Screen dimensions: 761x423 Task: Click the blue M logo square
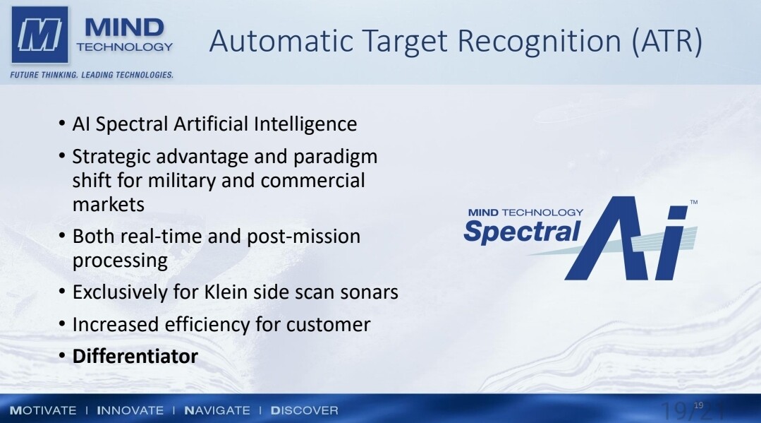tap(39, 35)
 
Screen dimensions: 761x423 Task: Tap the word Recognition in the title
tap(540, 41)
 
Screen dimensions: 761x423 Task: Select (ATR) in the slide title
tap(667, 41)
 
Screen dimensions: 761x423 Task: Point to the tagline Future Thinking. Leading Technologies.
tap(92, 75)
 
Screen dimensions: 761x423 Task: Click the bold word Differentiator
tap(135, 357)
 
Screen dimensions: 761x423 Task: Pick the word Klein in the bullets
tap(228, 292)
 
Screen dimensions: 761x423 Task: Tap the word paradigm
tap(336, 157)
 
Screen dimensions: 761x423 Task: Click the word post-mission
tap(304, 237)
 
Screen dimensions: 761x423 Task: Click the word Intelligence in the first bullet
tap(305, 124)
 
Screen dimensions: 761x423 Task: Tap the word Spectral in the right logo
tap(522, 232)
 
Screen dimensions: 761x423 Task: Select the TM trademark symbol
tap(694, 202)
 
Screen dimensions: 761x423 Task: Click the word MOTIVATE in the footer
tap(43, 410)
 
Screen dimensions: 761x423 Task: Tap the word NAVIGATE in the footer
tap(217, 410)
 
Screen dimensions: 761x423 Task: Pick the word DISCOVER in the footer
tap(304, 410)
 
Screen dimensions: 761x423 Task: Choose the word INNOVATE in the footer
tap(130, 410)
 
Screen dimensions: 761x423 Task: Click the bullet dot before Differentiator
tap(61, 356)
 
